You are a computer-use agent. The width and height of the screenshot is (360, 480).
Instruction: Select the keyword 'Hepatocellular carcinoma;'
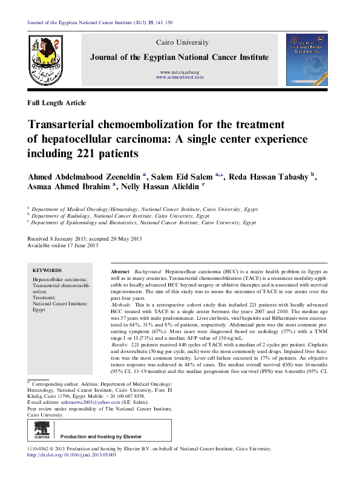[x=60, y=280]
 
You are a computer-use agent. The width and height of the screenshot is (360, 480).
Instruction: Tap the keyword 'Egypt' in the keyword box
[x=39, y=308]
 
